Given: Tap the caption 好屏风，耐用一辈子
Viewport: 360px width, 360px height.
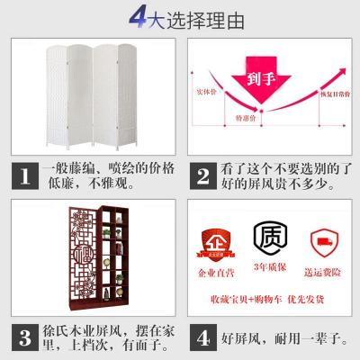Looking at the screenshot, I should point(279,337).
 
